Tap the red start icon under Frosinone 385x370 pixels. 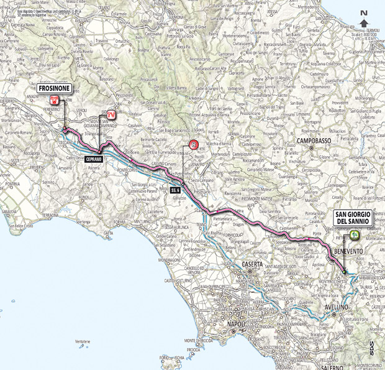[x=55, y=100]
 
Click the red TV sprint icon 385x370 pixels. [x=111, y=114]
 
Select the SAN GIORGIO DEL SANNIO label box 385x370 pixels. [x=353, y=218]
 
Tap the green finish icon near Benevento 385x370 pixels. [x=354, y=234]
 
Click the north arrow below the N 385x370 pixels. [x=363, y=23]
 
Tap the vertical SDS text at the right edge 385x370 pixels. [x=371, y=348]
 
